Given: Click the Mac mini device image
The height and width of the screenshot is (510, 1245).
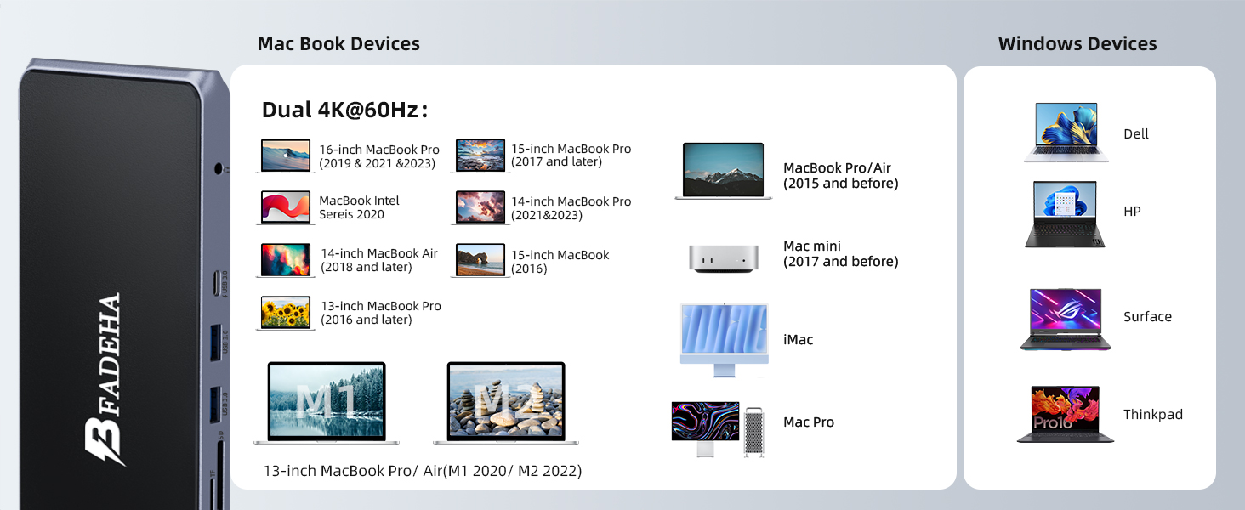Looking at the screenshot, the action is click(723, 259).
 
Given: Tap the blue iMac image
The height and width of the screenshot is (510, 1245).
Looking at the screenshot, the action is click(725, 340).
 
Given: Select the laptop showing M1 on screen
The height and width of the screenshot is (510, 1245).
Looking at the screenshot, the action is click(327, 404).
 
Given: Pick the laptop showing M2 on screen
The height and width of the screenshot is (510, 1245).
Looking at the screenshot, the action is click(506, 404).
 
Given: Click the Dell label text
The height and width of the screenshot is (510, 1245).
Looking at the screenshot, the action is click(1136, 134).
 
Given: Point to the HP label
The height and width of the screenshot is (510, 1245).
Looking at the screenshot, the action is click(1132, 211).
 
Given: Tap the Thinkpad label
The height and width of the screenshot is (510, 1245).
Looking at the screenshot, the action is click(1153, 415).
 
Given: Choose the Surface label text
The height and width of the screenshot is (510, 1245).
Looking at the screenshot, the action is click(1147, 317).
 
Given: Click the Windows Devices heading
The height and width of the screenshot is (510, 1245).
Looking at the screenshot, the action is click(1077, 43).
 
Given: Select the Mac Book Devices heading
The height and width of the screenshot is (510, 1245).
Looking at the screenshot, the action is click(338, 43).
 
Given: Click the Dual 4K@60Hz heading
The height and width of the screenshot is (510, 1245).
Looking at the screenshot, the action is click(344, 110).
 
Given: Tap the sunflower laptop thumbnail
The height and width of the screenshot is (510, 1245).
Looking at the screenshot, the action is click(286, 313).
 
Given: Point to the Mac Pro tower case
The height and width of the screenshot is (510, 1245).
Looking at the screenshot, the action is click(753, 432).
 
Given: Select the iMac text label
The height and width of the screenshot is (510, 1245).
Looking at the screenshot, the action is click(799, 339).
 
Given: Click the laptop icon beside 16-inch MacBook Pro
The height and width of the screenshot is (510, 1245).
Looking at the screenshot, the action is click(286, 156).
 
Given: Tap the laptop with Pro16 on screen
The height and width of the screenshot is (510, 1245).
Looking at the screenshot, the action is click(1066, 415).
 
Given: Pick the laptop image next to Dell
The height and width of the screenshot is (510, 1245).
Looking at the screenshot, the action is click(1066, 133).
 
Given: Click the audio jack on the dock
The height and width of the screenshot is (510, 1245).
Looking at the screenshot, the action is click(219, 168).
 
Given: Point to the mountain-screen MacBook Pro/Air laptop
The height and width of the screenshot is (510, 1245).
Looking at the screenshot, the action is click(723, 171).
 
